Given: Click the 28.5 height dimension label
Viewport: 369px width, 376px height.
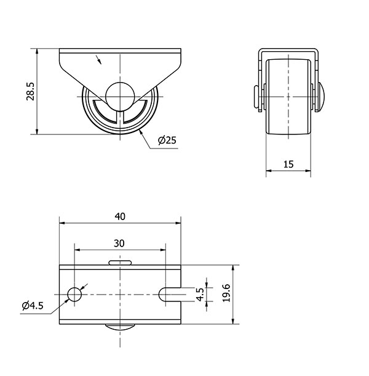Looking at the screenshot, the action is click(x=31, y=91).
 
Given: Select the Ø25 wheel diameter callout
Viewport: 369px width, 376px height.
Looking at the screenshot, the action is click(x=167, y=140).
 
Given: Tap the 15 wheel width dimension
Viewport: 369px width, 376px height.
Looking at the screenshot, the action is click(x=288, y=164).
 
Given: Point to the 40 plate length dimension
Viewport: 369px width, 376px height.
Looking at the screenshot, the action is click(x=120, y=216).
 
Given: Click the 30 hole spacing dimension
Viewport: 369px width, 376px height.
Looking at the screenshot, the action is click(x=119, y=243).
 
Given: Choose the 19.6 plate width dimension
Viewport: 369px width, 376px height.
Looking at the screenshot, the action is click(x=226, y=293).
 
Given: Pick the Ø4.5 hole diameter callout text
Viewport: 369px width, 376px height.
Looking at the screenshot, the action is click(x=33, y=306).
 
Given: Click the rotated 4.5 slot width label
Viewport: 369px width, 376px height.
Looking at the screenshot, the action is click(x=200, y=294).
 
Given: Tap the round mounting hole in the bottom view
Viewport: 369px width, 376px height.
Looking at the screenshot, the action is click(x=74, y=294).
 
